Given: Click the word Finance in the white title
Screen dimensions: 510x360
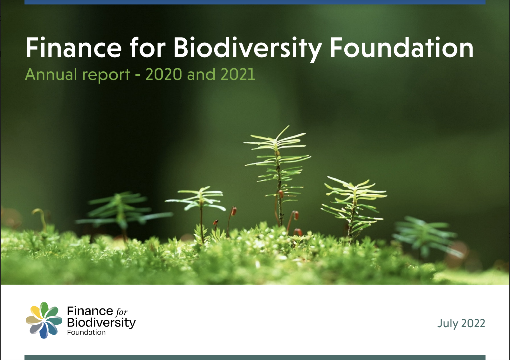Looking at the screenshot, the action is tap(73, 47).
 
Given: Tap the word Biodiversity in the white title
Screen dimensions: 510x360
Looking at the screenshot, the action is tap(248, 49).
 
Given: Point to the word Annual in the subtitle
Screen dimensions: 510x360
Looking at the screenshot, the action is tap(51, 74).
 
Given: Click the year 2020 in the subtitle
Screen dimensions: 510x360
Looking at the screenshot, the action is tap(163, 74).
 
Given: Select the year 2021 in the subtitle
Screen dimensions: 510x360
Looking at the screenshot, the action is tap(238, 74).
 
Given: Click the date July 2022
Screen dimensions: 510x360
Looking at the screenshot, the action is tap(461, 323).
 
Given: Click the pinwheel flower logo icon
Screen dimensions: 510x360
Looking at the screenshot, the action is tap(44, 320).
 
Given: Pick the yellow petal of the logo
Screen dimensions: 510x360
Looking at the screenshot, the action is tap(36, 312).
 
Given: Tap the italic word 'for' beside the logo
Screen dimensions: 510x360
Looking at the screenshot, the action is tap(121, 312).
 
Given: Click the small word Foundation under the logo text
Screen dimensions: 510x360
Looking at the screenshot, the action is tap(86, 332).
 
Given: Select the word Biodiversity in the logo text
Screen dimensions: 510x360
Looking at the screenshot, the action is tap(101, 323).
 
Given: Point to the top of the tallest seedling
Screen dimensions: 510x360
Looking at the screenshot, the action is tap(289, 126).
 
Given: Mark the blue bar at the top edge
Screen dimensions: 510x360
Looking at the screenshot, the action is tap(255, 2).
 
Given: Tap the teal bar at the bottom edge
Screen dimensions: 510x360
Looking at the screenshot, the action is tap(255, 357).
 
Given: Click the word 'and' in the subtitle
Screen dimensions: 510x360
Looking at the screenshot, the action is tap(201, 74).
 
